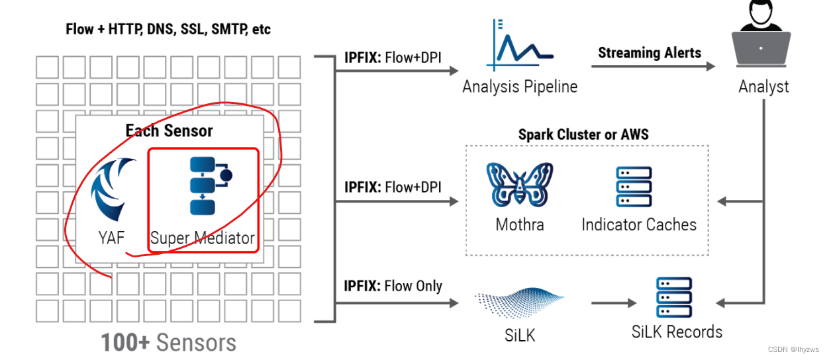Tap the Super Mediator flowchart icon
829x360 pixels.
208,186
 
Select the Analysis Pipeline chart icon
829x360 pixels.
518,44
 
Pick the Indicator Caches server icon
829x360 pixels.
634,187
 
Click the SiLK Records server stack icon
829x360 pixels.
673,297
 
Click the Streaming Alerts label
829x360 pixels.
649,52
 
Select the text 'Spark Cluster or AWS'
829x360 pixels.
583,134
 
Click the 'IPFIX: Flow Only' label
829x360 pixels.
393,286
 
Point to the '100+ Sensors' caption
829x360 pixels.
168,343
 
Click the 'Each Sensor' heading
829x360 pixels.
170,130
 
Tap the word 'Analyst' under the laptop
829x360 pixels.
763,87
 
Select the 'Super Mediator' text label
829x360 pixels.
202,238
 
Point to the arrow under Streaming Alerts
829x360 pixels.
653,66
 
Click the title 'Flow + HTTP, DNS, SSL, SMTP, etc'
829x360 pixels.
168,29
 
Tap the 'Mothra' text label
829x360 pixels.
520,224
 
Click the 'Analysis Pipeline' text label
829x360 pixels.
520,87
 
